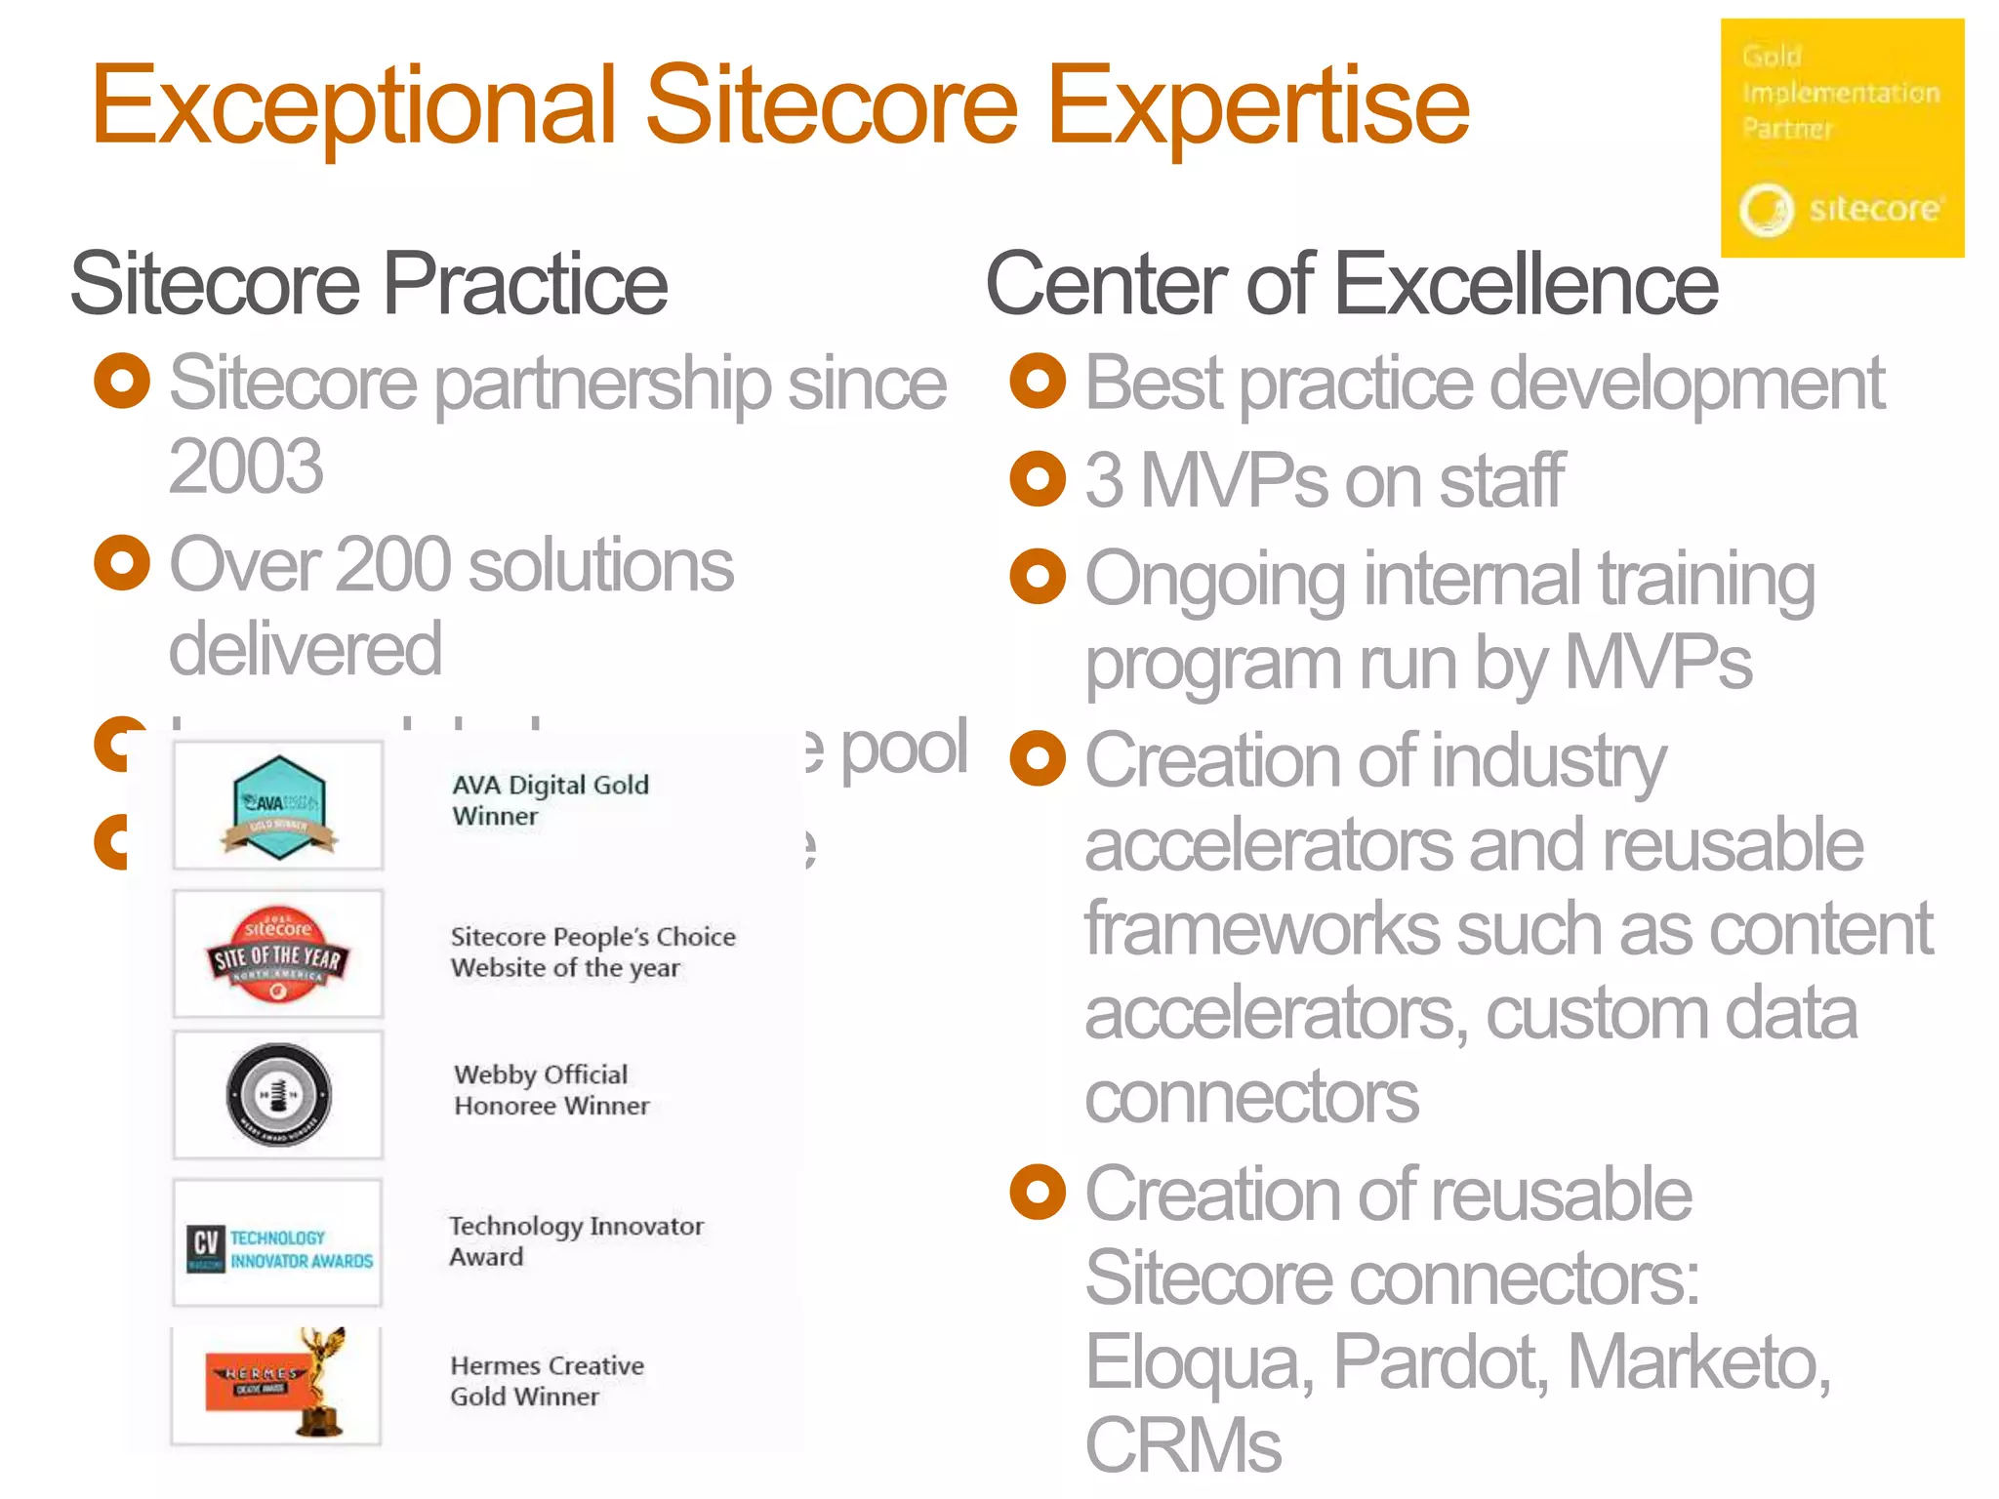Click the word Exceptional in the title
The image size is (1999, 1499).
pos(353,105)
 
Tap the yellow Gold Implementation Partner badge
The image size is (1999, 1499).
pos(1842,138)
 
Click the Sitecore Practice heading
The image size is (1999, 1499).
pos(368,284)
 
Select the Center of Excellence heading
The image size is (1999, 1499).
pos(1352,284)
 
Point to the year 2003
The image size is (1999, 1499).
pos(246,466)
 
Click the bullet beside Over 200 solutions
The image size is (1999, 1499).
pos(122,563)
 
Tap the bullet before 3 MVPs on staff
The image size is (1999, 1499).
pos(1038,479)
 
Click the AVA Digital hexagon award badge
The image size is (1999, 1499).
pos(279,806)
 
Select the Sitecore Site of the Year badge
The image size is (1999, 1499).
pos(278,954)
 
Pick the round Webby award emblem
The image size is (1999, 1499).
pos(278,1094)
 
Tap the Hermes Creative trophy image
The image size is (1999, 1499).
pos(278,1384)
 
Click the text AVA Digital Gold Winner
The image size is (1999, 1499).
pos(550,800)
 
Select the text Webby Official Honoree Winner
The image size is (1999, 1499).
pos(551,1090)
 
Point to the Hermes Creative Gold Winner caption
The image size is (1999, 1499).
pos(547,1381)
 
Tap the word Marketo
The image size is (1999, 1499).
pos(1698,1362)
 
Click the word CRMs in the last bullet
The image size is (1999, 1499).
pos(1183,1445)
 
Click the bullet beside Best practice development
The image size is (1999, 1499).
pos(1038,382)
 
